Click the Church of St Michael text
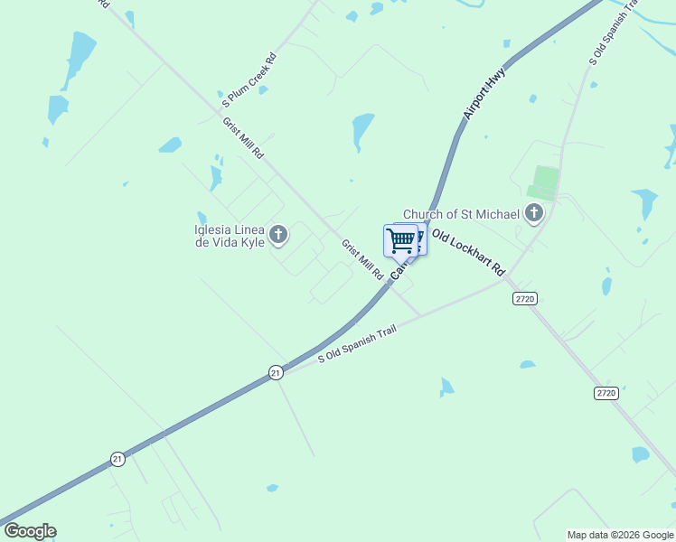(x=461, y=214)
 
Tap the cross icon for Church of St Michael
(x=534, y=214)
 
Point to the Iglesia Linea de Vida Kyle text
(x=230, y=236)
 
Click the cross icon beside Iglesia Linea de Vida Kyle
(x=278, y=236)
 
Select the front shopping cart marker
(x=400, y=240)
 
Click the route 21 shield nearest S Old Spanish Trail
(x=275, y=372)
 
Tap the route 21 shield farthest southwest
(x=117, y=459)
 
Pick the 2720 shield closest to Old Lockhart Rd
(x=524, y=298)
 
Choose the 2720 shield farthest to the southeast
(x=606, y=393)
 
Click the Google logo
(x=30, y=531)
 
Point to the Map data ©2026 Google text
(x=619, y=535)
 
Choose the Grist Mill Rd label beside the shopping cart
(x=362, y=260)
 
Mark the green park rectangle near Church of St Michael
(x=544, y=182)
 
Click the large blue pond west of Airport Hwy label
(x=363, y=130)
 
